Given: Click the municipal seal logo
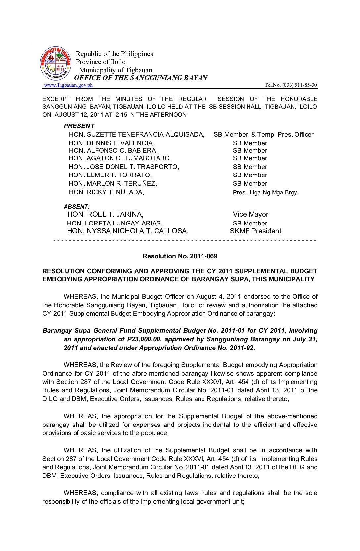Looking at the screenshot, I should pyautogui.click(x=56, y=63).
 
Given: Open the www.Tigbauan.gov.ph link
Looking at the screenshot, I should pyautogui.click(x=68, y=85).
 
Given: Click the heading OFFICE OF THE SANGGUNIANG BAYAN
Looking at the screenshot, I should pyautogui.click(x=141, y=78).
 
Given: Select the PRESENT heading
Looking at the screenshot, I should pyautogui.click(x=79, y=126).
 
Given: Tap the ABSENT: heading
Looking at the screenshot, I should pyautogui.click(x=76, y=207).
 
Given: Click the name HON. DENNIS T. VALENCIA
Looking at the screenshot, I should pyautogui.click(x=112, y=143).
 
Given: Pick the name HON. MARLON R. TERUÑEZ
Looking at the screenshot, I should pyautogui.click(x=113, y=183).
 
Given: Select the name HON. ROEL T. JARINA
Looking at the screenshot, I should pyautogui.click(x=105, y=214).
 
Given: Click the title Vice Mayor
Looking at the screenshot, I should pyautogui.click(x=250, y=214).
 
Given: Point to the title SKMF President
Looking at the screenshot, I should pyautogui.click(x=255, y=231).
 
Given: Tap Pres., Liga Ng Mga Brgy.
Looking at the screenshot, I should pyautogui.click(x=266, y=192).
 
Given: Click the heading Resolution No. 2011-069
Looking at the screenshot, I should pyautogui.click(x=180, y=256).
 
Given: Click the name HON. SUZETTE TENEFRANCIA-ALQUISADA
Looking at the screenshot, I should pyautogui.click(x=137, y=134).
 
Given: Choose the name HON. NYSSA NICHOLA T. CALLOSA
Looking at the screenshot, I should pyautogui.click(x=128, y=231).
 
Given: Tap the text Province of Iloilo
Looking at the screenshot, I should pyautogui.click(x=101, y=62).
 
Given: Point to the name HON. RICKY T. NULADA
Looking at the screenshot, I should pyautogui.click(x=106, y=192).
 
